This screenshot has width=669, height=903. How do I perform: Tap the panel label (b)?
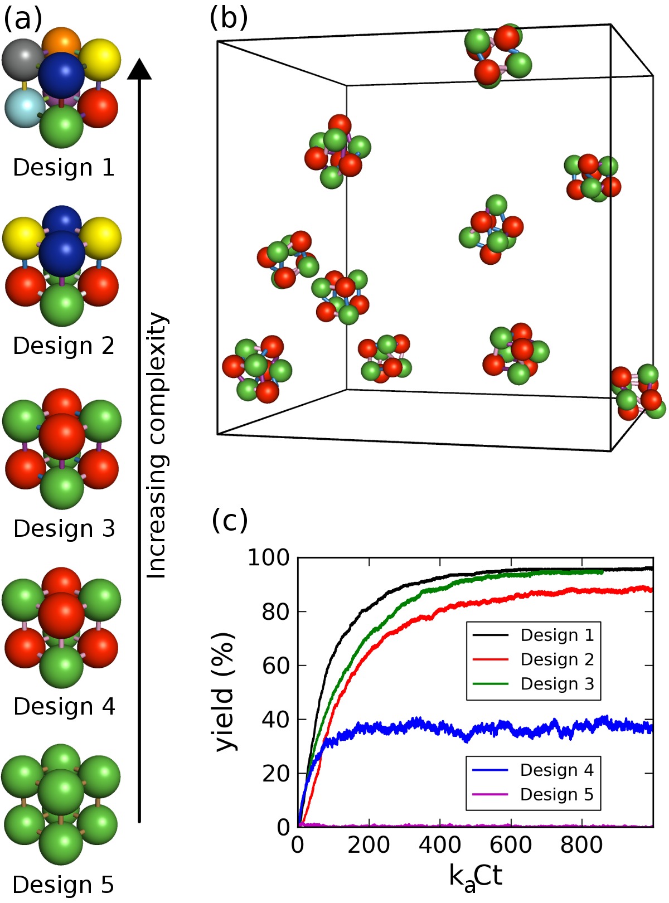(229, 18)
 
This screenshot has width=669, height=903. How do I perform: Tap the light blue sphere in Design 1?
(23, 108)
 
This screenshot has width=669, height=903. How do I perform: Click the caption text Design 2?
(64, 346)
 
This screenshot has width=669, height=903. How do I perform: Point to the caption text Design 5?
(64, 885)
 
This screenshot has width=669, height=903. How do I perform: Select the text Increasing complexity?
(157, 446)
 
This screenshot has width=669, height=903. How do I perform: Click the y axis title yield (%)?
(225, 691)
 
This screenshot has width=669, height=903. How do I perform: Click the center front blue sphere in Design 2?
(62, 253)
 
